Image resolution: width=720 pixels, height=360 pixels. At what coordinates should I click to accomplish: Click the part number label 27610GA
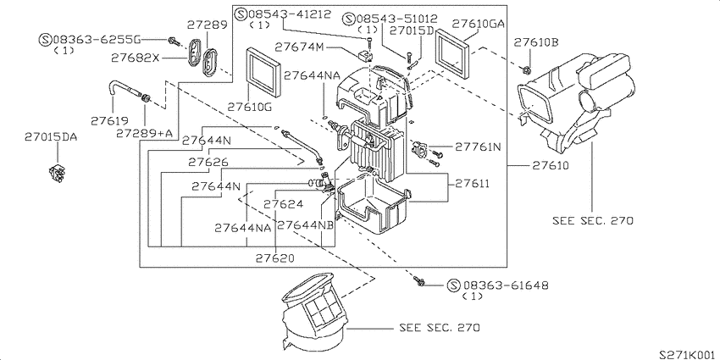coord(479,23)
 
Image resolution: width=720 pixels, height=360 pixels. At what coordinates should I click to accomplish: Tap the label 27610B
coord(536,42)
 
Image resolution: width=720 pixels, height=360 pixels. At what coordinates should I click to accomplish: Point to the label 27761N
coord(478,147)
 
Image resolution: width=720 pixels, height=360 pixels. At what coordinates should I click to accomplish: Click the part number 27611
coord(472,184)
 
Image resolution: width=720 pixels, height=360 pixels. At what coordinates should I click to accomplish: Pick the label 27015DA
coord(51,136)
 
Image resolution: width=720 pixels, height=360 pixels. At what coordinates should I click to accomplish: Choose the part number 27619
coord(109,121)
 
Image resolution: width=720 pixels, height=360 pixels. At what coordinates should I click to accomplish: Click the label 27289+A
coord(144,133)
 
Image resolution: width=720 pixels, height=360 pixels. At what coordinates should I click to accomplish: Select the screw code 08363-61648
coord(505,285)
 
